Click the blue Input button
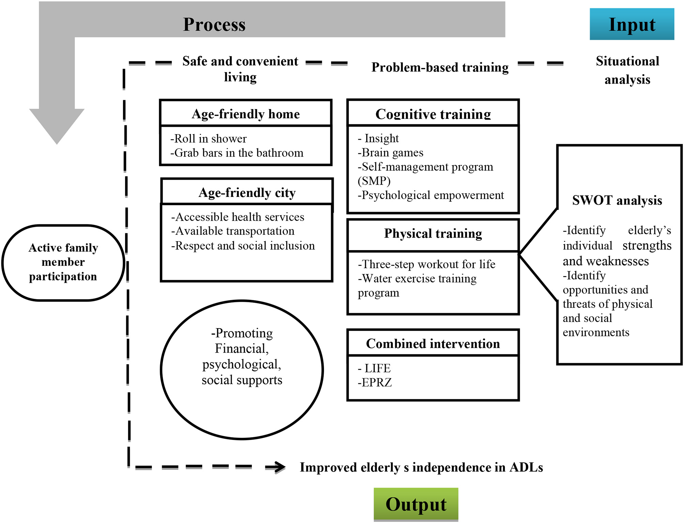(632, 24)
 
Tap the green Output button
(416, 504)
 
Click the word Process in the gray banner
(214, 25)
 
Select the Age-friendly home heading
(246, 114)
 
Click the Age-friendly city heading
(247, 193)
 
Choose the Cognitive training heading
(433, 114)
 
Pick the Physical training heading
(433, 233)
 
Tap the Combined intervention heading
(433, 343)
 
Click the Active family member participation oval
(63, 262)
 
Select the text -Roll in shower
(208, 139)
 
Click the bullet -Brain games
(390, 152)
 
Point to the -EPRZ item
(375, 382)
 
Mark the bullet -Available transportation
(233, 231)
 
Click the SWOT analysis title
(617, 200)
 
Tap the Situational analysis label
(627, 70)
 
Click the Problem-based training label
(440, 67)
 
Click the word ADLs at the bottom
(526, 467)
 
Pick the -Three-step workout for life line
(426, 264)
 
